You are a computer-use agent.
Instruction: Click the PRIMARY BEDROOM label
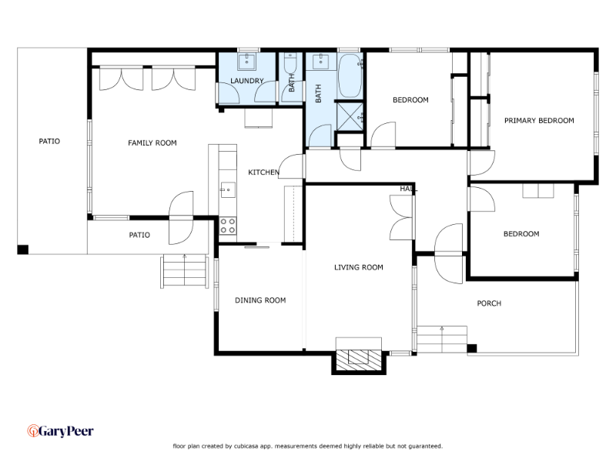(x=539, y=121)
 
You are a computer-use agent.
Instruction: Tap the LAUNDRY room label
(x=246, y=81)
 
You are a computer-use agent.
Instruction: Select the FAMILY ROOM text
(x=152, y=143)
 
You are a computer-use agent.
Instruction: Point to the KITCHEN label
(x=263, y=172)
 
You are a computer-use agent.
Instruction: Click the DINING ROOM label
(x=260, y=300)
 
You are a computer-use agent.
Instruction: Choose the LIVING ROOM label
(x=359, y=267)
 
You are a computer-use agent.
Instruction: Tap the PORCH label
(x=489, y=303)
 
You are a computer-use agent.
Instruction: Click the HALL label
(x=408, y=189)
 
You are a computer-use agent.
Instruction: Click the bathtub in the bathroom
(x=350, y=75)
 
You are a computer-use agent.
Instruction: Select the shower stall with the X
(x=350, y=116)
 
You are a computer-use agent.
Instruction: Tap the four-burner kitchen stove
(x=228, y=226)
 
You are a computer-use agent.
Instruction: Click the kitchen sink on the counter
(x=227, y=190)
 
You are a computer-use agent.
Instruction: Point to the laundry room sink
(x=246, y=62)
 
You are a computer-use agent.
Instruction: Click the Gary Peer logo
(x=61, y=431)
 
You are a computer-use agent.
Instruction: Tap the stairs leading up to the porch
(x=442, y=339)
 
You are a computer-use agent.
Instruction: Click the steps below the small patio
(x=185, y=272)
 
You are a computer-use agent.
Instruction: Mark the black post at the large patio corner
(x=23, y=249)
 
